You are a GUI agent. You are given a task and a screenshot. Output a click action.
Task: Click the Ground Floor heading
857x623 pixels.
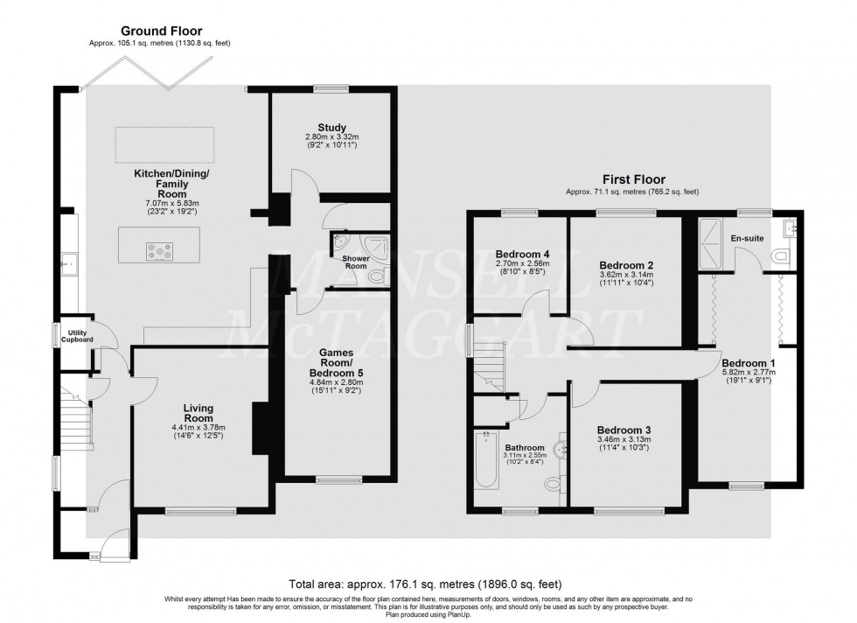[161, 31]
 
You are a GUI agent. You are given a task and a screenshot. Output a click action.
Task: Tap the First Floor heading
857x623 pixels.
[634, 179]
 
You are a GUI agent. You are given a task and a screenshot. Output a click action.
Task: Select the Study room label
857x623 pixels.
[332, 128]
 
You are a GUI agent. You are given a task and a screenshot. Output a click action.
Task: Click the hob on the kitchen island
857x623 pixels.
[159, 252]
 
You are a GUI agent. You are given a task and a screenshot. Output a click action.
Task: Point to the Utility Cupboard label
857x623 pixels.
[77, 336]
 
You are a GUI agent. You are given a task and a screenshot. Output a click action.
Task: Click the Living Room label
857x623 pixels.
[199, 413]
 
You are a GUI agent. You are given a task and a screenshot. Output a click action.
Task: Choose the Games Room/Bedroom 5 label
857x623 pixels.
[336, 362]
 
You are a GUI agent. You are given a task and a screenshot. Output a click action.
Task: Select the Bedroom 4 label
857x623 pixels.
[523, 255]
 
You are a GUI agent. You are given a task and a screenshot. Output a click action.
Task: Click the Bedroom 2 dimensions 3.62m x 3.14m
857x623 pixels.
[626, 275]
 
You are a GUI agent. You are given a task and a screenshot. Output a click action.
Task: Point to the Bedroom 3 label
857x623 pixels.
[624, 430]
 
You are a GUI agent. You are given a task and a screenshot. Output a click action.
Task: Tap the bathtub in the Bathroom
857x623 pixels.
[486, 459]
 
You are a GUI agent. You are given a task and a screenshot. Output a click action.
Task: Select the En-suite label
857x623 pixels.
[747, 239]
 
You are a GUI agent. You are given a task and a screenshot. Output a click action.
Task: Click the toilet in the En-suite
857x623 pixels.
[783, 255]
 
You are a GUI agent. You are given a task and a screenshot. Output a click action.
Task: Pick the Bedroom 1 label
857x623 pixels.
[749, 363]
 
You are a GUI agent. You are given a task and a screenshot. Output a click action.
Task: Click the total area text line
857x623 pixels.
[425, 584]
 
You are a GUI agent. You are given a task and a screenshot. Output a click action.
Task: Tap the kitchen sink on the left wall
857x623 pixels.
[69, 263]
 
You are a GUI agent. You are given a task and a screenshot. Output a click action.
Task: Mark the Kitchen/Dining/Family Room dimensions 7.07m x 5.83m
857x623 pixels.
[172, 203]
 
